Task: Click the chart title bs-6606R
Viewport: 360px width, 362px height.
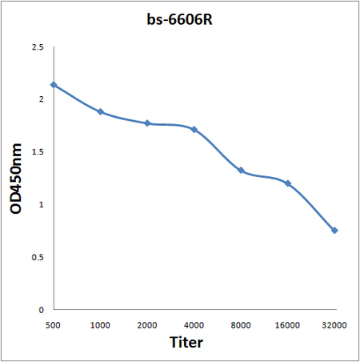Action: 179,18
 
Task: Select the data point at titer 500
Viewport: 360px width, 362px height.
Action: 54,85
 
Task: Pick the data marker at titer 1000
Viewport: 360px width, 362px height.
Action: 101,112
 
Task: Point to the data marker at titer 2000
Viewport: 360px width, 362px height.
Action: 147,123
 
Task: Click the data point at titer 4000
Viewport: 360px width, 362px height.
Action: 194,130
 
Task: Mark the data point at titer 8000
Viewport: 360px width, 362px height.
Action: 241,171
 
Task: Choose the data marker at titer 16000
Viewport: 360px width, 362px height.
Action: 288,183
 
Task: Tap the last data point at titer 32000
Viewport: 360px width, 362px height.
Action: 334,231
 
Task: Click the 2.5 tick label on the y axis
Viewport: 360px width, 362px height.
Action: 37,48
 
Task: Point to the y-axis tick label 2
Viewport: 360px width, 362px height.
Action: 41,100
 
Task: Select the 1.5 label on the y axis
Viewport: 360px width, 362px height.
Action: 37,152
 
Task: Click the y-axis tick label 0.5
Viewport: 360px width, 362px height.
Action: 37,257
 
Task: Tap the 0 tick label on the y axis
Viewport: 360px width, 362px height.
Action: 41,309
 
